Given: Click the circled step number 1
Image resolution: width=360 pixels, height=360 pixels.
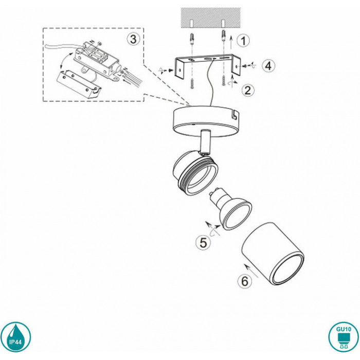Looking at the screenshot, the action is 243,41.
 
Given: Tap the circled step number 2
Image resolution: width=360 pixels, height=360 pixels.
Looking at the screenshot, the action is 248,90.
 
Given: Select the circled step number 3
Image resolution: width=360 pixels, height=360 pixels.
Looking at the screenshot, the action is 133,39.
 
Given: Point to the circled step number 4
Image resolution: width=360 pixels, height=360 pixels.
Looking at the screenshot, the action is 268,66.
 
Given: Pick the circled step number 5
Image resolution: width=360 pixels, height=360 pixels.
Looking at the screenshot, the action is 203,243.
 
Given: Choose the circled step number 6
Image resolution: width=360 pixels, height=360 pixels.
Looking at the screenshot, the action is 245,281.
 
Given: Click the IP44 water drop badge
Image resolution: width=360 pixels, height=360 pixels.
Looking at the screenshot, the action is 15,337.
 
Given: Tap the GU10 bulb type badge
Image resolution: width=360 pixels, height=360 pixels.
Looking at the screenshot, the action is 344,337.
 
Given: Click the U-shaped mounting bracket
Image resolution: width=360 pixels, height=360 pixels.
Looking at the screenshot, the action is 208,65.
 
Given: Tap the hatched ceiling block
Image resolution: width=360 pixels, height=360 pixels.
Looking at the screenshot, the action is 211,18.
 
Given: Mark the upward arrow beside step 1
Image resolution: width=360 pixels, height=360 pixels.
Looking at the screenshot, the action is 231,42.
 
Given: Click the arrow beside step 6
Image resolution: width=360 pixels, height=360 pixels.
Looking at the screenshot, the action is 251,271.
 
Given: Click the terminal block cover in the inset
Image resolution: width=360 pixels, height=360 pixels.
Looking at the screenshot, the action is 79,84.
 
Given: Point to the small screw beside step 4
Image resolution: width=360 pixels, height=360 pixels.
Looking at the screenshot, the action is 245,66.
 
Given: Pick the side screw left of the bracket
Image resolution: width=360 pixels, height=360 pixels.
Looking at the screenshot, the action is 170,70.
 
